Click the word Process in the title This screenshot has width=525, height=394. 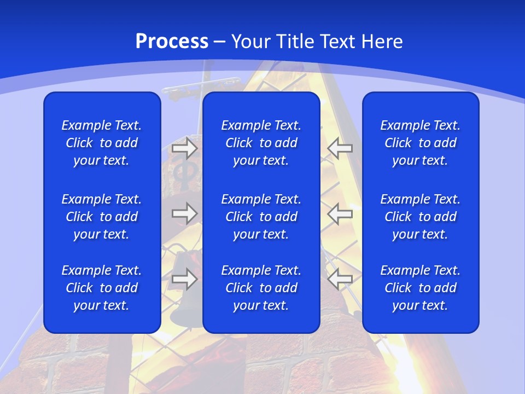pos(172,42)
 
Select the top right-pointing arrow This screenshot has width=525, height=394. pos(184,148)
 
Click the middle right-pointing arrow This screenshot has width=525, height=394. pos(184,213)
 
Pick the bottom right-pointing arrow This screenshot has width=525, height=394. pos(184,279)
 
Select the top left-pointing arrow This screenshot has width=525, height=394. pos(340,148)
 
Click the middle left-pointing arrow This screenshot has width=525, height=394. pos(340,213)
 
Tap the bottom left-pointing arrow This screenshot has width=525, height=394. pos(340,279)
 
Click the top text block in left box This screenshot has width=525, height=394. pos(102,143)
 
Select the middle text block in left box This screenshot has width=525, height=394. pos(102,217)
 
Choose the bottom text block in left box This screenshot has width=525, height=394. pos(102,288)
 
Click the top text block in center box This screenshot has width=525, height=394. pos(261,143)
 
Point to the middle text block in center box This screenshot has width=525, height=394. pos(261,217)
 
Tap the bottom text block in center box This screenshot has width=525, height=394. pos(261,288)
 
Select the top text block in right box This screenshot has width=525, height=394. pos(421,143)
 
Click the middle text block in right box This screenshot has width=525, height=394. pos(421,217)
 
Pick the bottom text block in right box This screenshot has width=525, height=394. pos(421,288)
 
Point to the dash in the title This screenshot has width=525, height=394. pos(220,43)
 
